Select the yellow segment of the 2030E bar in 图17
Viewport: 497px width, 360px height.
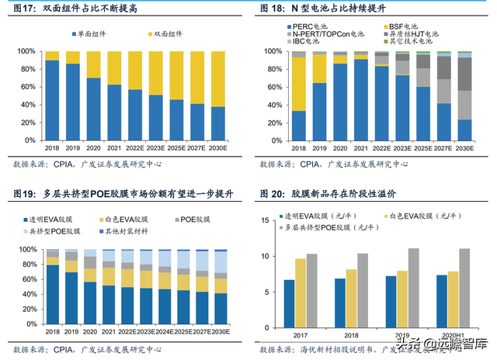point(220,78)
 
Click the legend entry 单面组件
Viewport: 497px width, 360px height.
point(93,35)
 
